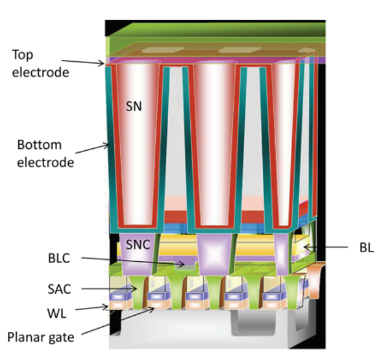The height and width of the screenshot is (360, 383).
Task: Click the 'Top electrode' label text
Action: click(40, 64)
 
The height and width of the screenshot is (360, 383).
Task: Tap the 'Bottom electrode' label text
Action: click(45, 153)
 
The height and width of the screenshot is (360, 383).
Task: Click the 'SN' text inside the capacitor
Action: click(134, 107)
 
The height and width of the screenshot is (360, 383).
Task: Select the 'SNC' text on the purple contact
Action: click(138, 244)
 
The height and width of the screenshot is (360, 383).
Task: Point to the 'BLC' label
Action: click(59, 258)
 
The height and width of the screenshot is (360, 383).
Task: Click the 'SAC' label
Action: click(59, 289)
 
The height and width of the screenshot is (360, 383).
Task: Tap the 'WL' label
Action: click(56, 313)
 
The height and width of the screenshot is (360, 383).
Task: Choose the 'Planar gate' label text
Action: click(41, 337)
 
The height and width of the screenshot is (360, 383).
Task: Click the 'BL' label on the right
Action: click(367, 248)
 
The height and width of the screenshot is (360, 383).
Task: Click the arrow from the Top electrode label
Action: click(83, 62)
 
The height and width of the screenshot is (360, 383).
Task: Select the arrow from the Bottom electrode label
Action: click(92, 149)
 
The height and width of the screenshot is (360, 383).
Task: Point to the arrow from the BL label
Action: click(325, 247)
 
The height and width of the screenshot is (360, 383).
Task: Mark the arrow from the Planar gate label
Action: click(117, 321)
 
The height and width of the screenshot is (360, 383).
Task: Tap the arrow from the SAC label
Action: click(109, 289)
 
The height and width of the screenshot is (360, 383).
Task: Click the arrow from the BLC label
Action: click(133, 261)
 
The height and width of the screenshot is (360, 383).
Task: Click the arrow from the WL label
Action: click(92, 308)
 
